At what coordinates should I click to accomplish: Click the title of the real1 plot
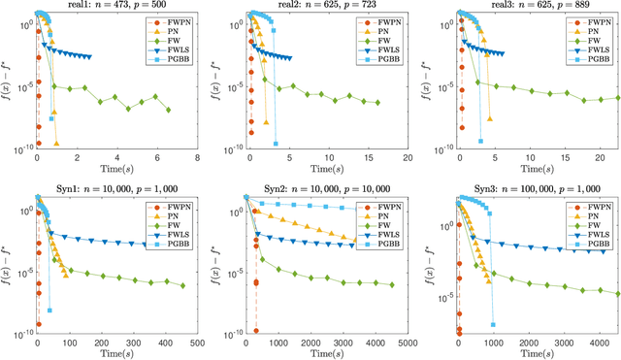(x=116, y=6)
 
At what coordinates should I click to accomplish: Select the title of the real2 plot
(x=327, y=6)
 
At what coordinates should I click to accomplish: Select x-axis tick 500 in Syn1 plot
(x=197, y=343)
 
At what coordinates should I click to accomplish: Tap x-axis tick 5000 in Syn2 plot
(x=407, y=343)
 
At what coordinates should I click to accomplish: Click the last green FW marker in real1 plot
(x=168, y=109)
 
